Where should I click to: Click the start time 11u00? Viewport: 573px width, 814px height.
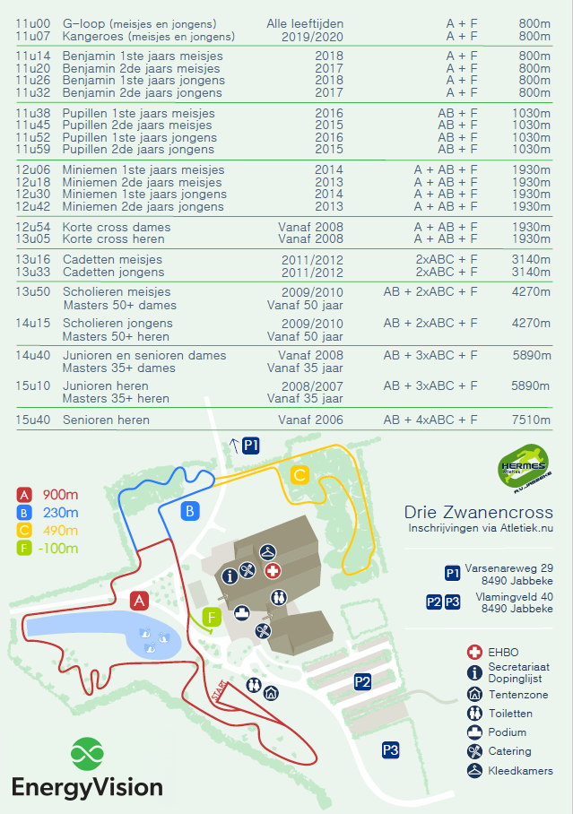click(x=31, y=23)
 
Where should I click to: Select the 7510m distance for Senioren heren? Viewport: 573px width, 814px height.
click(x=530, y=420)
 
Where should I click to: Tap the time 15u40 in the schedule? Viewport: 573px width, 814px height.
click(x=31, y=420)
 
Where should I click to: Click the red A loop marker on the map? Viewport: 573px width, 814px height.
click(x=139, y=601)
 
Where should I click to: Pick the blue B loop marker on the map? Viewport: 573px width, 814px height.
click(x=190, y=512)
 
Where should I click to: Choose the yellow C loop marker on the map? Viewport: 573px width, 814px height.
click(x=300, y=475)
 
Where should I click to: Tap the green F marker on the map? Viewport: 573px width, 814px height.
click(x=212, y=617)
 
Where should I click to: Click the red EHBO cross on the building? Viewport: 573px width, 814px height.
click(x=273, y=571)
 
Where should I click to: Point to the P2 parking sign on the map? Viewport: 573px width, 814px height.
click(x=362, y=682)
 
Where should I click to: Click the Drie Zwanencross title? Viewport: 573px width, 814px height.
click(x=478, y=512)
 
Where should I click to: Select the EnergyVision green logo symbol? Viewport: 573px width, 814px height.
click(x=88, y=752)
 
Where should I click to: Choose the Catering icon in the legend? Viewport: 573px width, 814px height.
click(x=474, y=751)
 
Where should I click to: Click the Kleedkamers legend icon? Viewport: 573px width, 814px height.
click(x=474, y=771)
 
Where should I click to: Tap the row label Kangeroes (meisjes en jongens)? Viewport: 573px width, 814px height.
click(x=148, y=36)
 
